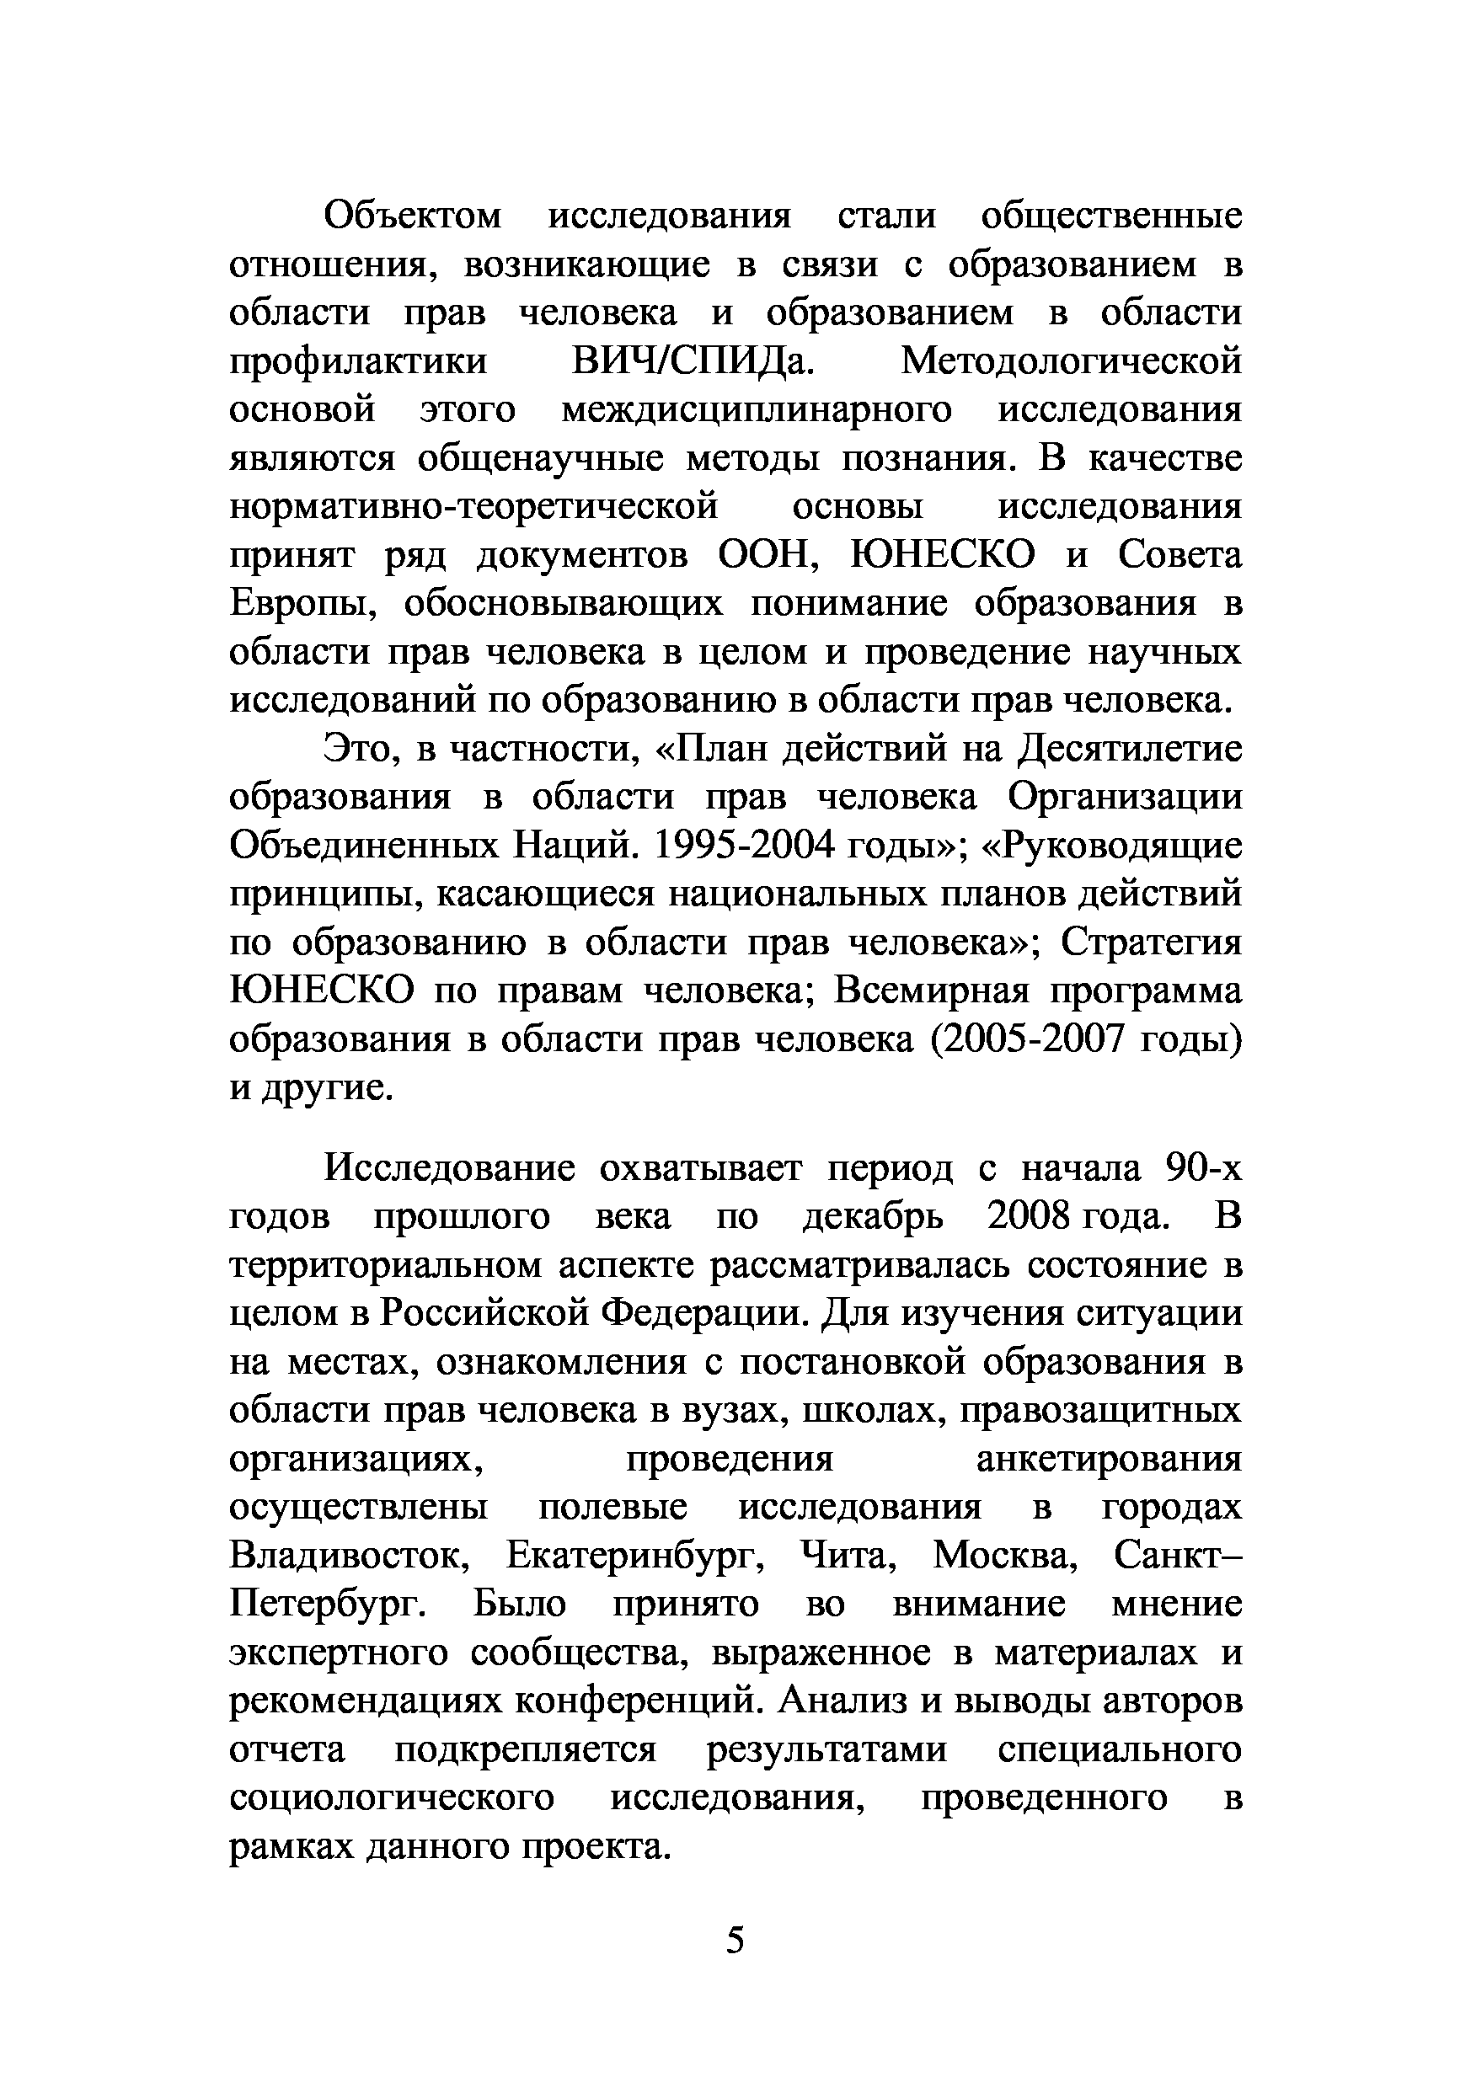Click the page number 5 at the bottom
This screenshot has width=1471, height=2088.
click(735, 1941)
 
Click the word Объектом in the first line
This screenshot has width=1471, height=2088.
click(413, 216)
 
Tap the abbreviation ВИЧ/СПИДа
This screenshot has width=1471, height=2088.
click(693, 362)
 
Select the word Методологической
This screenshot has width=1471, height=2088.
click(1071, 362)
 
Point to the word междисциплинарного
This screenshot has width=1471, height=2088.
click(756, 410)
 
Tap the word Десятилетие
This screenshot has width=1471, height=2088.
click(1128, 749)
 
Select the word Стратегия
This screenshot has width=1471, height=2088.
click(1151, 943)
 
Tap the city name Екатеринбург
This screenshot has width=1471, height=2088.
click(634, 1557)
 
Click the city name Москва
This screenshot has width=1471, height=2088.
click(1004, 1557)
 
